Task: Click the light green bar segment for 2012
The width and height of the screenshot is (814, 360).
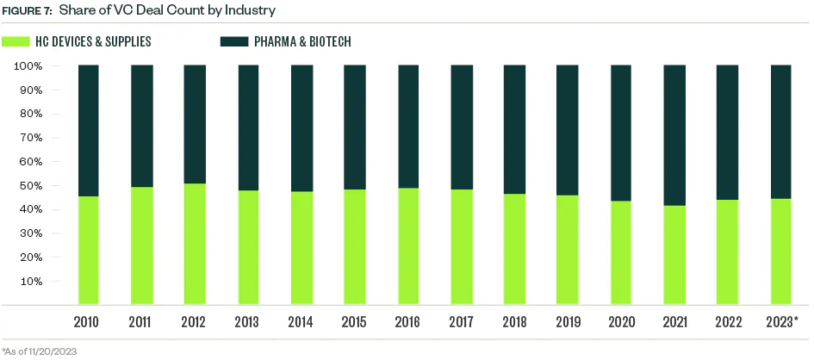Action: tap(195, 244)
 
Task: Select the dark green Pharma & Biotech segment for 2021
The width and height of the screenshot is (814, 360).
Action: tap(674, 135)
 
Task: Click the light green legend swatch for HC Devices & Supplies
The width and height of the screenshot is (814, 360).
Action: tap(16, 41)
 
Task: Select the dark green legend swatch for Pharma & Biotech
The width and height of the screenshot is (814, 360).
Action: tap(234, 41)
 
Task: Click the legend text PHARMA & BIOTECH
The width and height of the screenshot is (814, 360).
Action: tap(301, 41)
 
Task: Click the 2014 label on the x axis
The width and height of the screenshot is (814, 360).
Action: tap(301, 322)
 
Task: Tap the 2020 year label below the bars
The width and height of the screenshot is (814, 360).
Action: tap(621, 322)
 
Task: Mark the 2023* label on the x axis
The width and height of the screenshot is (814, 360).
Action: tap(783, 322)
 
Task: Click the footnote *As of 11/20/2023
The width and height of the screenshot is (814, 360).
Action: tap(40, 351)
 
